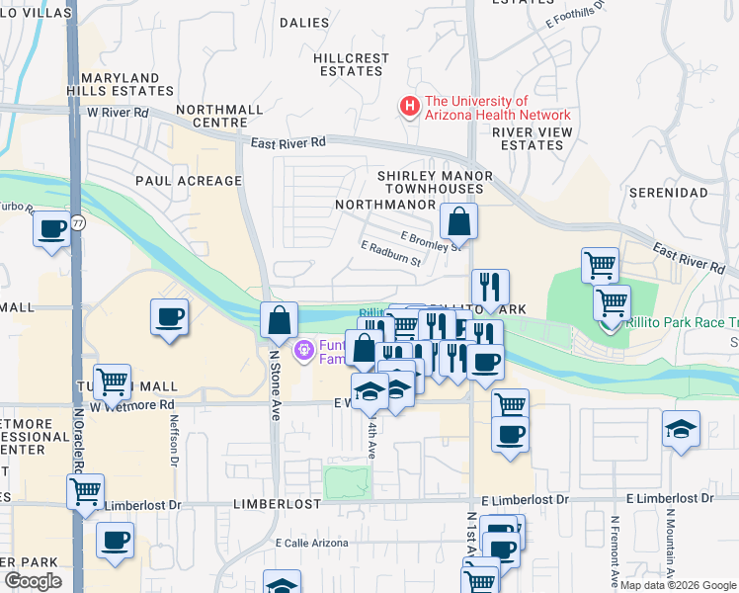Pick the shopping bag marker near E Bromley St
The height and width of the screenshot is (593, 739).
point(458,221)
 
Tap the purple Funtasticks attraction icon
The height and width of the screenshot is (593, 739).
point(303,349)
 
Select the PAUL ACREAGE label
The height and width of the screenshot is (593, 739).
point(189,181)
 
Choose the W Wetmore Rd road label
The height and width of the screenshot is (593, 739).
point(131,405)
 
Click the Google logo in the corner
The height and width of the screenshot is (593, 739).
point(34,580)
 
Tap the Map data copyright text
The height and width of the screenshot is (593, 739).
point(677,585)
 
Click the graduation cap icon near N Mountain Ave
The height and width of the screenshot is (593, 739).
point(682,429)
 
